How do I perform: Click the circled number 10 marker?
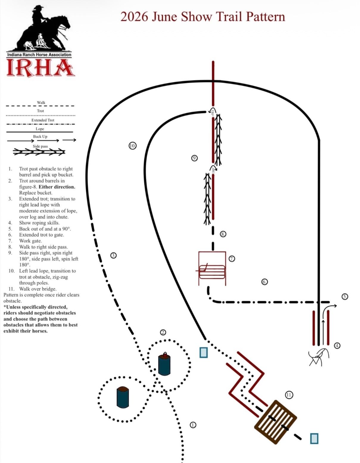click(x=133, y=146)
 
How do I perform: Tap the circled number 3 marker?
click(x=113, y=255)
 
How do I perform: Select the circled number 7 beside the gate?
click(x=232, y=259)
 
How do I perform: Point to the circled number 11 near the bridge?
click(x=289, y=395)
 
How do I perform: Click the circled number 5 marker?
click(x=345, y=296)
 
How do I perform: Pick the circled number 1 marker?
click(x=193, y=425)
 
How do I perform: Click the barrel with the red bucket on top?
click(x=164, y=364)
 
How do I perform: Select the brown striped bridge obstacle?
click(x=276, y=422)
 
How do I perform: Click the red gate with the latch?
click(x=212, y=269)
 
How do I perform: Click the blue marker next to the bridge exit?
click(x=314, y=439)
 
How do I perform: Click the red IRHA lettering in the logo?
click(x=40, y=68)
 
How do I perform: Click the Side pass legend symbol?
click(x=39, y=152)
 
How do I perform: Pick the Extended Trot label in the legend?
click(x=43, y=120)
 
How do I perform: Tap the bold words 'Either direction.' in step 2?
click(x=57, y=187)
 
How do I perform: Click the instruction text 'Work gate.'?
click(x=30, y=241)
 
